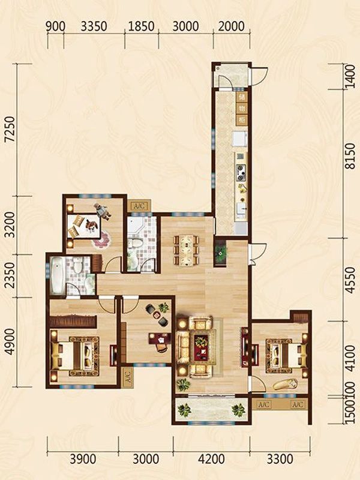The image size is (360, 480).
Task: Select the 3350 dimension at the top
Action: [x=94, y=26]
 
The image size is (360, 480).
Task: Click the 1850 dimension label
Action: [x=141, y=26]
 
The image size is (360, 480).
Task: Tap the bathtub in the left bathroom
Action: [x=58, y=275]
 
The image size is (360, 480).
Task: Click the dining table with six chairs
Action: [x=186, y=250]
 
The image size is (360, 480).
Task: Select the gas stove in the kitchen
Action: [x=241, y=172]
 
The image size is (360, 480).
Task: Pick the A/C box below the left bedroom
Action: [x=127, y=378]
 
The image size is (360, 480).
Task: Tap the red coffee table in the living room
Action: [x=202, y=346]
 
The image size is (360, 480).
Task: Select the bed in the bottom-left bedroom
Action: [x=75, y=356]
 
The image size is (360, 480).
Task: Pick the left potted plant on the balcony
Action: [x=184, y=410]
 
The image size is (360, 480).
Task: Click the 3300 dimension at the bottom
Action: [x=280, y=459]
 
